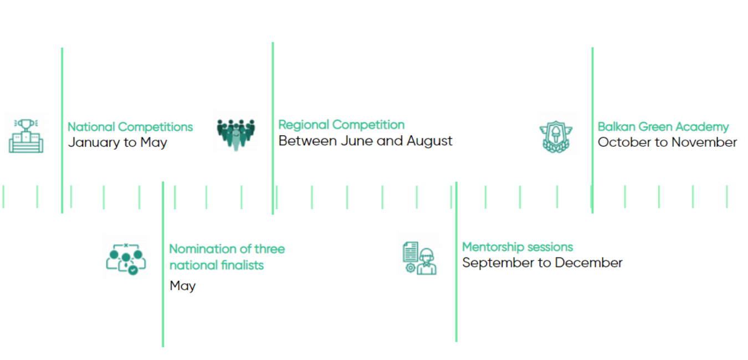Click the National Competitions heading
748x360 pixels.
coord(130,127)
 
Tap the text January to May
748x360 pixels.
coord(117,142)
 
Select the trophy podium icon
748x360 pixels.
coord(26,136)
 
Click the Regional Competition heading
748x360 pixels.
coord(341,125)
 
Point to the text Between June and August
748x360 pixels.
coord(365,141)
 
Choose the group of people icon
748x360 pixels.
coord(235,135)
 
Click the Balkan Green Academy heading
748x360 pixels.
coord(663,127)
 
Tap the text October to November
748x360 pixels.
coord(667,142)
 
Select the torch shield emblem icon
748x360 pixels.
coord(556,137)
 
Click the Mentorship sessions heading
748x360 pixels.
coord(518,247)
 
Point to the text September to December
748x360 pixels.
coord(542,263)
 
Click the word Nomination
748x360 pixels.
coord(203,249)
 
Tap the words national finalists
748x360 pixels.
coord(217,265)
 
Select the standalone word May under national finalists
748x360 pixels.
coord(182,286)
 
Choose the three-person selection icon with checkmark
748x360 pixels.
coord(126,259)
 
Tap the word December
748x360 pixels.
coord(589,263)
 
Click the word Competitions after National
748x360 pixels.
coord(156,127)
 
